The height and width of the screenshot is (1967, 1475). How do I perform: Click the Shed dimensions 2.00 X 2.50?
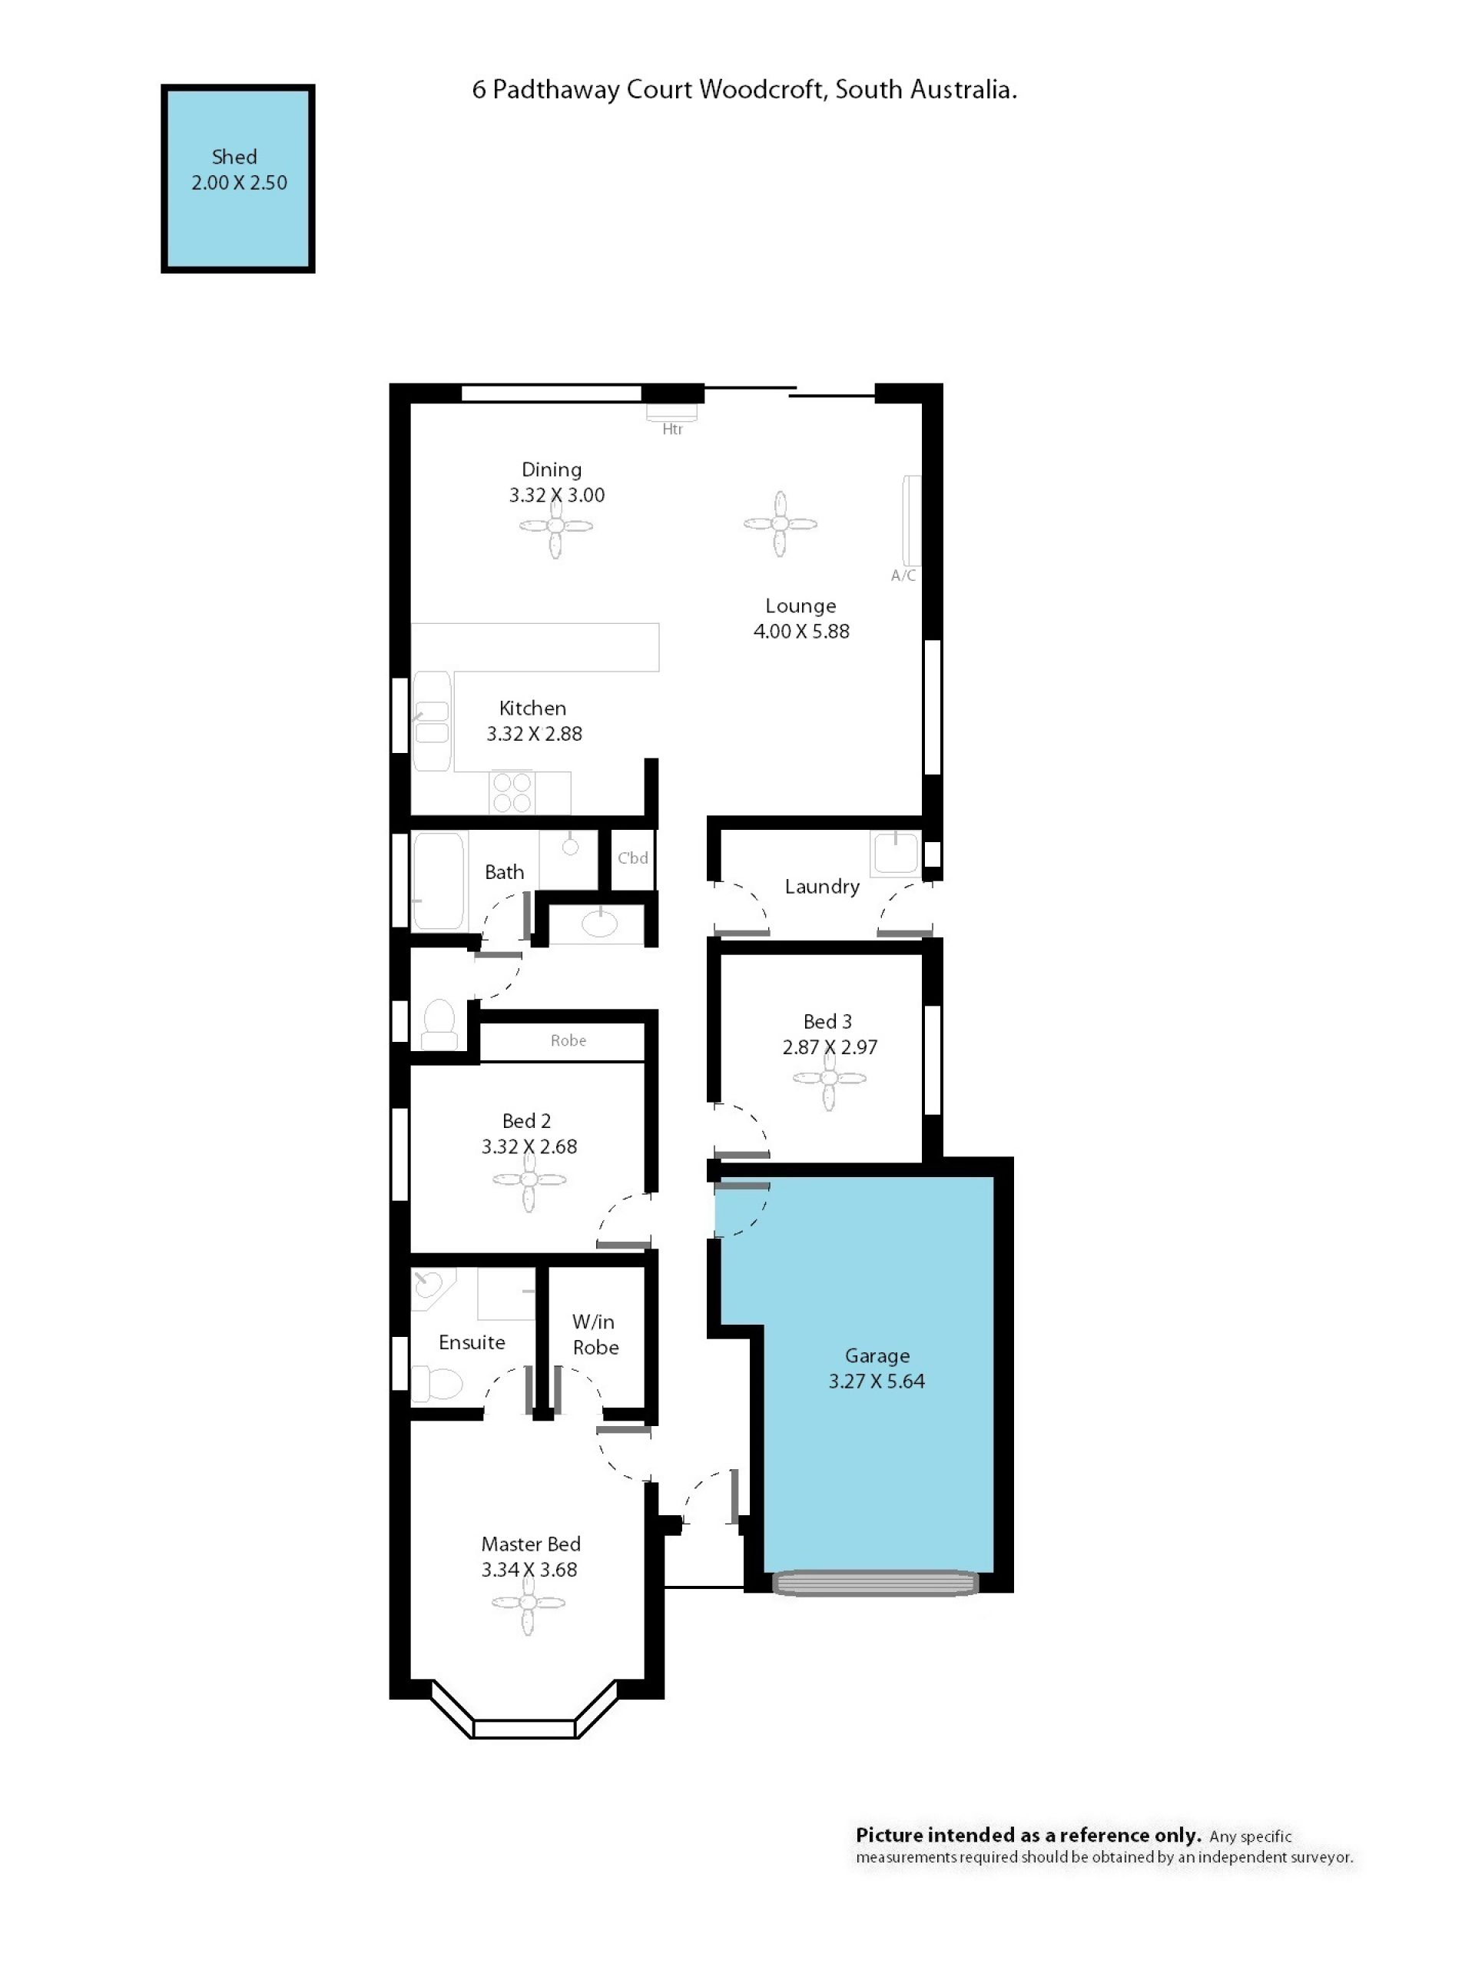tap(239, 182)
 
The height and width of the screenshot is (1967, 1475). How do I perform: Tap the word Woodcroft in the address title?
tap(762, 89)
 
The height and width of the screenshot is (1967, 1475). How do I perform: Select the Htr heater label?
tap(672, 429)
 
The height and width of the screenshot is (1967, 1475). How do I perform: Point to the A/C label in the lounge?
tap(903, 576)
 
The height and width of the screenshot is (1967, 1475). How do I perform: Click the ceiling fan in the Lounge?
tap(780, 524)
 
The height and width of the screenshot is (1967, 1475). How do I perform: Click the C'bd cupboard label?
tap(633, 858)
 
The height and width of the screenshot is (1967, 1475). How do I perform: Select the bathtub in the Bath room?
tap(439, 881)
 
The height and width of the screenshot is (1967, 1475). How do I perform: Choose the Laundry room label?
tap(821, 887)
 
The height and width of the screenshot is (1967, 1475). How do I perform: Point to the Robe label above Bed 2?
tap(568, 1040)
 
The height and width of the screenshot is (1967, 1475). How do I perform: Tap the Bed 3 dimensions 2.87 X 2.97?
tap(830, 1047)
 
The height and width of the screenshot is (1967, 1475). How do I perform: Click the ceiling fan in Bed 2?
tap(529, 1179)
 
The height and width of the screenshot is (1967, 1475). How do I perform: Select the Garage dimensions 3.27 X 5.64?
tap(877, 1381)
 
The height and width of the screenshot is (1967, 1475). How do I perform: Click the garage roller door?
tap(875, 1583)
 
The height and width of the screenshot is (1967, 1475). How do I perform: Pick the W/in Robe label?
tap(595, 1334)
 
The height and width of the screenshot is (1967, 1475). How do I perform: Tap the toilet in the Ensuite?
tap(437, 1384)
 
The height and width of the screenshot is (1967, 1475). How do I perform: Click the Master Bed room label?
tap(531, 1544)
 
